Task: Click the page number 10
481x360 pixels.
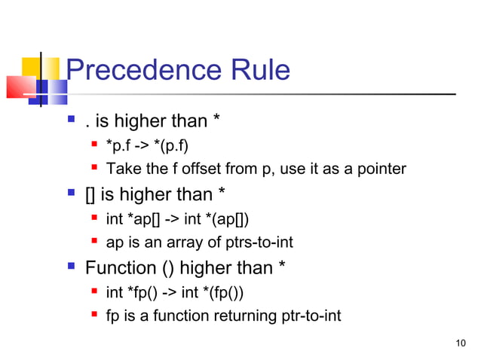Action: (461, 344)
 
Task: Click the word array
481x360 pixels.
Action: (172, 243)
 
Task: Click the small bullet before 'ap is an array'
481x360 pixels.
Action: (94, 242)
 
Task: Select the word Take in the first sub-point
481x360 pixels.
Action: (121, 168)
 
